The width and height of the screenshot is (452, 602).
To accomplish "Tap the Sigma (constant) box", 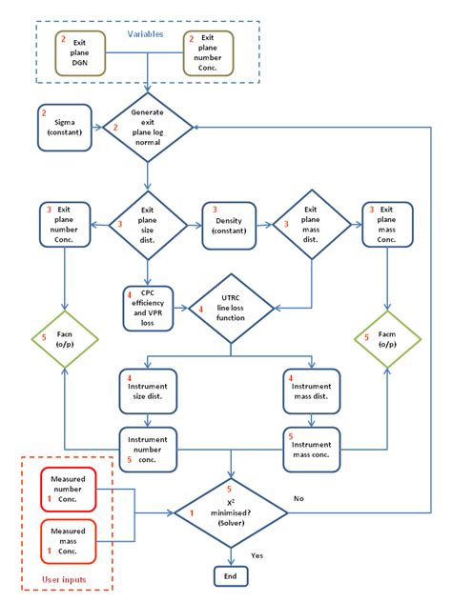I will (x=66, y=128).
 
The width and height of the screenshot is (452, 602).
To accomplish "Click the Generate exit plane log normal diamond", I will (x=147, y=128).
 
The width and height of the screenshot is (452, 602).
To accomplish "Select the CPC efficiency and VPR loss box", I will (x=147, y=307).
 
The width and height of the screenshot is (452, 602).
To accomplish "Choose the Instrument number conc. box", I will (x=147, y=447).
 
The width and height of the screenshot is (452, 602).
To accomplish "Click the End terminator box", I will (x=229, y=576).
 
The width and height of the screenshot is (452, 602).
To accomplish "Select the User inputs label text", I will (x=68, y=579).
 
